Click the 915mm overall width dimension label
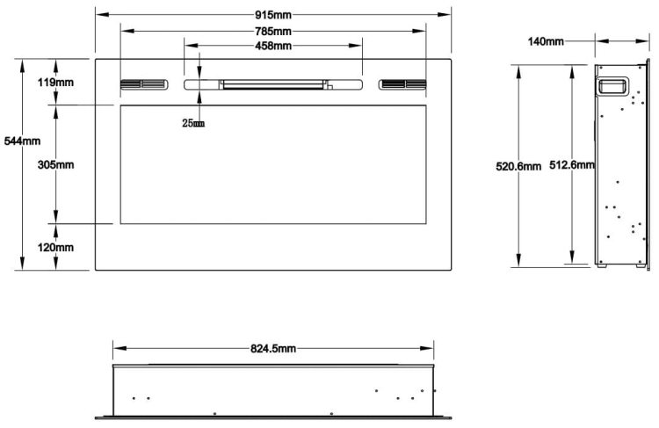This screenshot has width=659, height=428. click(x=273, y=15)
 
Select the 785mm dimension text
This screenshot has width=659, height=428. click(x=273, y=31)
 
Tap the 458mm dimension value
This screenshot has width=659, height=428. click(x=273, y=46)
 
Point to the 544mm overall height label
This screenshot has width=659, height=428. click(x=22, y=141)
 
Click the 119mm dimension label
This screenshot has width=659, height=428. click(x=55, y=83)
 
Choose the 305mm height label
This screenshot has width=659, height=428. click(x=55, y=165)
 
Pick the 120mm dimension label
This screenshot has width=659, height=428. click(x=55, y=248)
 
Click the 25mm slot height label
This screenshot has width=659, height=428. click(x=193, y=123)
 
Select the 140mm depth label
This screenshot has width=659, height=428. click(x=546, y=41)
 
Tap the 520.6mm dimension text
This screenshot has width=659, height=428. click(x=518, y=166)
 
